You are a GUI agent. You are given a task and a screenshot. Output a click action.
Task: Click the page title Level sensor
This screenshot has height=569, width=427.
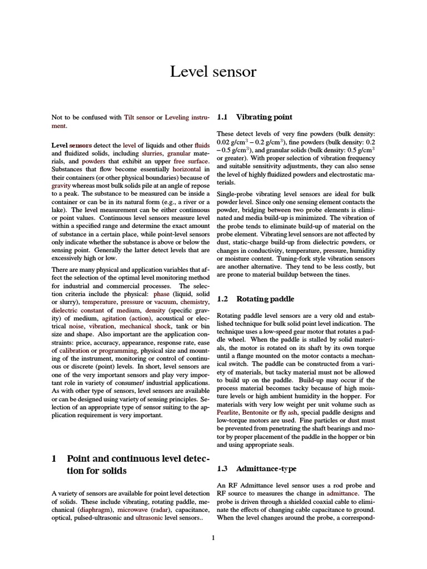213,72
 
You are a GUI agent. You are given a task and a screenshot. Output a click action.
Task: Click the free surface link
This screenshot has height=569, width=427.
191,161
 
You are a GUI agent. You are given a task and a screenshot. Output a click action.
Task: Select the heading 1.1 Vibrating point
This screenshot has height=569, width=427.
255,117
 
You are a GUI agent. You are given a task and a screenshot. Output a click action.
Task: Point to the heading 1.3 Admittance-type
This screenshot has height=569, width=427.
257,468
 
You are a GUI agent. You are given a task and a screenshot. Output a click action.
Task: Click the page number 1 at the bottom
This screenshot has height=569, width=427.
213,537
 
